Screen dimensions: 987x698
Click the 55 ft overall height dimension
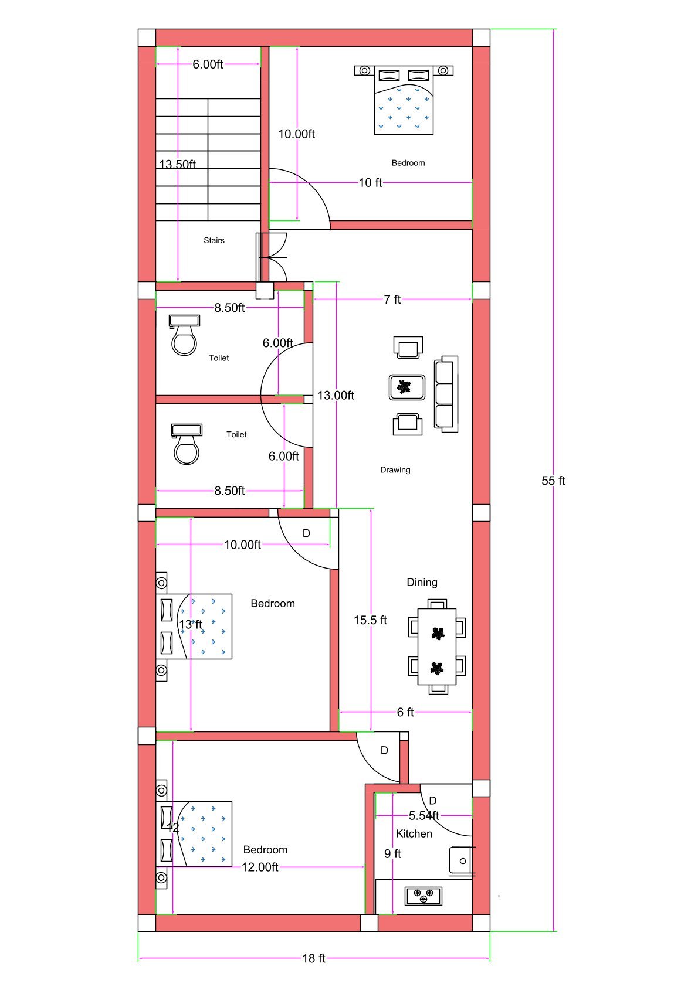click(553, 481)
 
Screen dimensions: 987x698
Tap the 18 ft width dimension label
click(313, 958)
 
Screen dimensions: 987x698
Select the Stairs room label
click(214, 240)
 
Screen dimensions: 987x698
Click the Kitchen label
click(414, 833)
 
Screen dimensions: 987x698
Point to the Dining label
click(422, 582)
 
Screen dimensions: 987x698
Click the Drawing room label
click(395, 469)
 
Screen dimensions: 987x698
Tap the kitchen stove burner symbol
click(423, 896)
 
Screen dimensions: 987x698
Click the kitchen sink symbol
click(460, 860)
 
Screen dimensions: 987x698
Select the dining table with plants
click(437, 646)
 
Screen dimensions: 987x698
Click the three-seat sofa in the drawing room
click(445, 394)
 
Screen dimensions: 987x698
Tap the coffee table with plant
click(406, 387)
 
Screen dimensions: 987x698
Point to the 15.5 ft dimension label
click(370, 620)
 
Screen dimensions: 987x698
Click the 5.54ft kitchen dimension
click(423, 815)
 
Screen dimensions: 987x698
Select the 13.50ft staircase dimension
click(177, 164)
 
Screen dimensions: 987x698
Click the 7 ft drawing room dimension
click(392, 299)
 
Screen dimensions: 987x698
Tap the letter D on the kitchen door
click(432, 801)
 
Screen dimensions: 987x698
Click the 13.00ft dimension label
click(336, 396)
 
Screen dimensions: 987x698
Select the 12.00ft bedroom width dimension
click(260, 867)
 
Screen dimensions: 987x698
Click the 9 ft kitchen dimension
click(392, 853)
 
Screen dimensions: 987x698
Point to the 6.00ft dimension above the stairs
click(208, 64)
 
